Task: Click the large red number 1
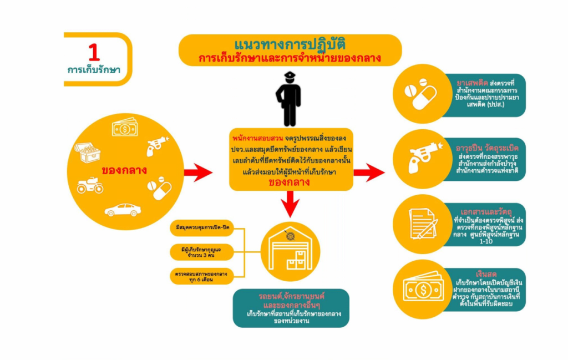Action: (94, 53)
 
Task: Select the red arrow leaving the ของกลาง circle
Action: (197, 173)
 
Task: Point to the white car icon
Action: (123, 210)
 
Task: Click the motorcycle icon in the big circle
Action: (90, 185)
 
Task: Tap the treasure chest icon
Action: (88, 152)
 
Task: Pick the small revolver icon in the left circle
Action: (157, 145)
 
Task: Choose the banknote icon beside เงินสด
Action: (423, 288)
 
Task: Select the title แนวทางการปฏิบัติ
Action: (290, 44)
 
